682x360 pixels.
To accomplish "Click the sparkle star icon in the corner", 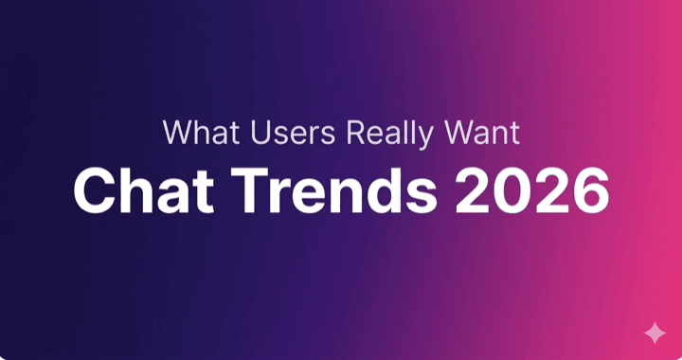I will pyautogui.click(x=654, y=333).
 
